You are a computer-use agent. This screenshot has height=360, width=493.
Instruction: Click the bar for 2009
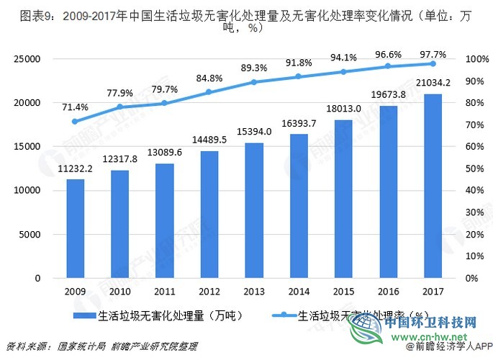pos(76,228)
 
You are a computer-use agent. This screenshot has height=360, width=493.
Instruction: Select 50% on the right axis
pos(474,168)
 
